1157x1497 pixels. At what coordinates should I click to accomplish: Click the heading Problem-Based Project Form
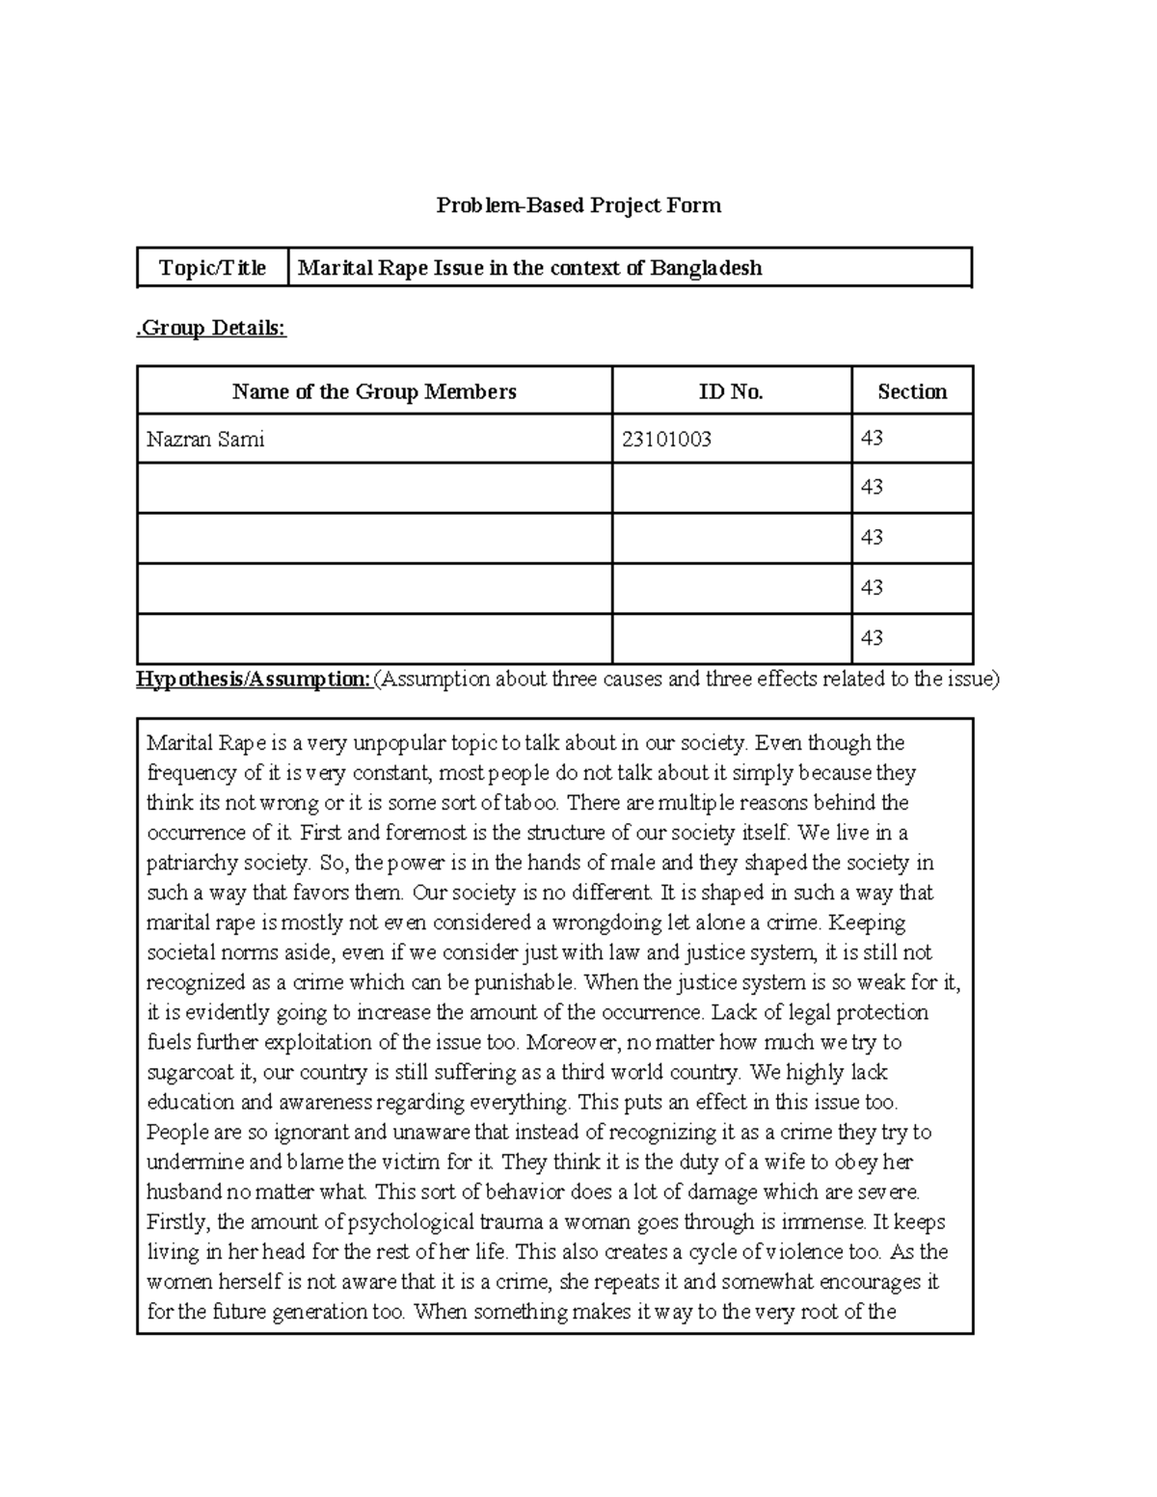click(578, 205)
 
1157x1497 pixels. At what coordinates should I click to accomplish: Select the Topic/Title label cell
click(212, 268)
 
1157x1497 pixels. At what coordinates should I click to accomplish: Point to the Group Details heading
click(211, 328)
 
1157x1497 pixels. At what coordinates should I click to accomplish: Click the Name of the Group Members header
click(374, 391)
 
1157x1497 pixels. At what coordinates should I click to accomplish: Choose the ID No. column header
click(731, 391)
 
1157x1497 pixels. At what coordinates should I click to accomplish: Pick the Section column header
click(911, 391)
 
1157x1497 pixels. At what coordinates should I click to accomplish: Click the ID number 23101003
click(666, 440)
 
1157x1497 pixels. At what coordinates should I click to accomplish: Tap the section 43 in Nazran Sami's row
click(872, 439)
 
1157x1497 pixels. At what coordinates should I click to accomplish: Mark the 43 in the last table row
click(872, 638)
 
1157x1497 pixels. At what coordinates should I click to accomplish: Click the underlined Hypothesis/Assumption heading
click(254, 680)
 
